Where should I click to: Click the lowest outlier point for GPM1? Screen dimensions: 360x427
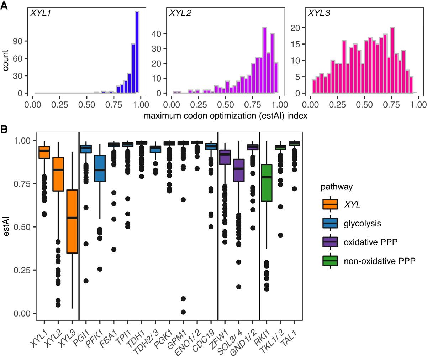point(183,312)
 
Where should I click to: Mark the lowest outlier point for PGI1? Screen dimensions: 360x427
point(86,281)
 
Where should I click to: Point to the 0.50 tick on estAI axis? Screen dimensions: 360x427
point(21,227)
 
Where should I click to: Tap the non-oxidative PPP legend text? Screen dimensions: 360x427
point(379,261)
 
